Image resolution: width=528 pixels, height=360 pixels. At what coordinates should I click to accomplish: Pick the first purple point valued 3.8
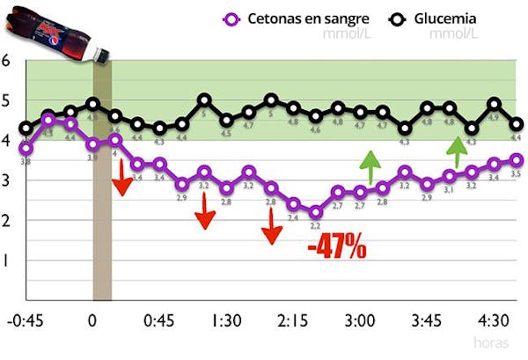26,148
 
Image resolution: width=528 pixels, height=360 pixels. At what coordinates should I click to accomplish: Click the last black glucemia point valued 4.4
517,124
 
